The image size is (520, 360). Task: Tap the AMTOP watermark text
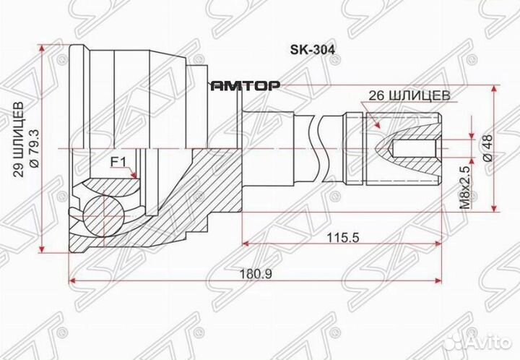pyautogui.click(x=245, y=85)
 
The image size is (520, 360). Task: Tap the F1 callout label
pyautogui.click(x=118, y=160)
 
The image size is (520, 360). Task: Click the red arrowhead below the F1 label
pyautogui.click(x=134, y=175)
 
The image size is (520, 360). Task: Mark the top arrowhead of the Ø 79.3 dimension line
pyautogui.click(x=45, y=48)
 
